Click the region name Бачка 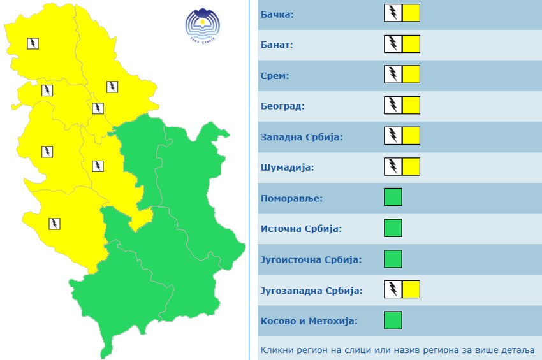click(x=277, y=14)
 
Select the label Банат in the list click(x=277, y=45)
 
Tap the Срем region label click(x=275, y=76)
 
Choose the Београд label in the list click(x=282, y=106)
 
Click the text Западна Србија click(x=302, y=137)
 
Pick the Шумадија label click(x=288, y=168)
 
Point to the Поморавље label click(x=291, y=198)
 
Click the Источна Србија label click(x=301, y=229)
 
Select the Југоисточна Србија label click(x=311, y=259)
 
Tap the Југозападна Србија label click(x=311, y=291)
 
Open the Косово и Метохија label click(x=309, y=321)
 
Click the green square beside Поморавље click(x=393, y=198)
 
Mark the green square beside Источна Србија click(x=393, y=228)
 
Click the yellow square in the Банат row click(x=411, y=44)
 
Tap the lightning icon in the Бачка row click(x=393, y=13)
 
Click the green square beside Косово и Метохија click(x=393, y=320)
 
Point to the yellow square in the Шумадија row click(x=411, y=167)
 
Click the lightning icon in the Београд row click(x=393, y=105)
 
